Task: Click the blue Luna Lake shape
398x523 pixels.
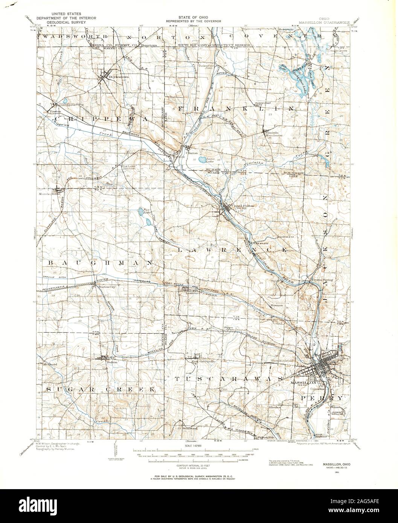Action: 201,160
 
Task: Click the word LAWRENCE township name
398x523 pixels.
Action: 232,250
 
